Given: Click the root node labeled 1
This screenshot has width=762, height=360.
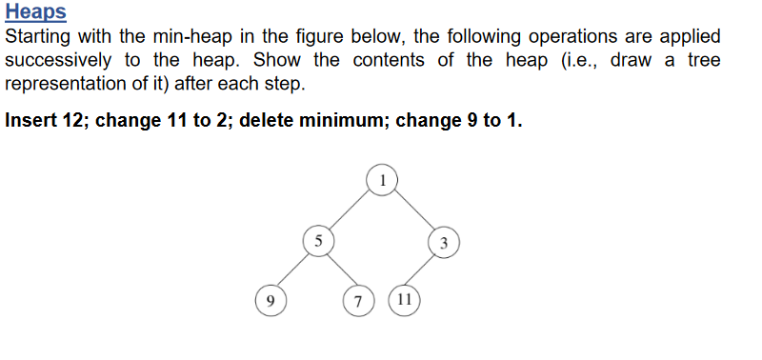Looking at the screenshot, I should pos(381,178).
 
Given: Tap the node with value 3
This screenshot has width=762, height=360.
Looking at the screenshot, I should pos(444,241).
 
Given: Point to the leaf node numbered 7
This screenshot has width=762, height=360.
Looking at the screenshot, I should pos(357,301).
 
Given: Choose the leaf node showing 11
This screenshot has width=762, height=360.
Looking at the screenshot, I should pos(404,300).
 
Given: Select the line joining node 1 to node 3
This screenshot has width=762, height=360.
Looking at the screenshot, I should pos(412,210).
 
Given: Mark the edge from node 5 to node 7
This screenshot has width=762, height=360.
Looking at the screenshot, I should pos(337,270).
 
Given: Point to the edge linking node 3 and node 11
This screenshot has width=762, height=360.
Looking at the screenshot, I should pos(424,270).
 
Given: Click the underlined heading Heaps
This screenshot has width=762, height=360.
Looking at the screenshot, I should pos(35,12).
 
